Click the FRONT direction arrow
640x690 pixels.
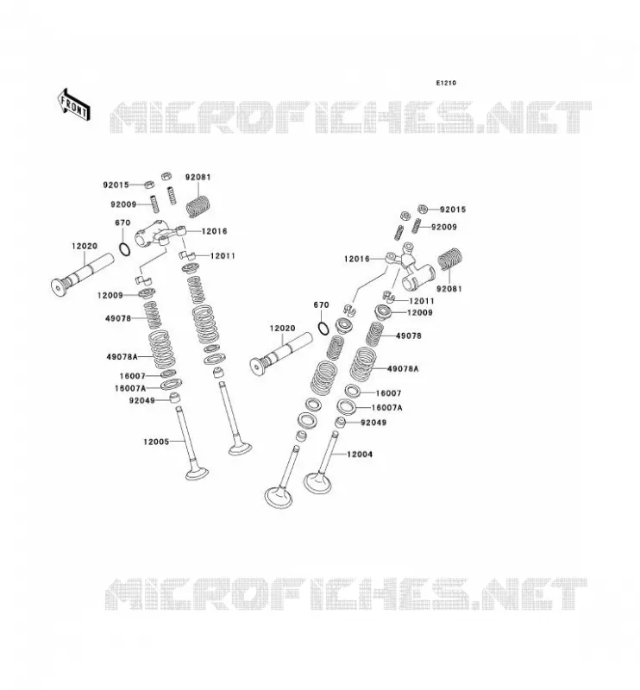point(74,104)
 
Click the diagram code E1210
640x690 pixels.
point(446,83)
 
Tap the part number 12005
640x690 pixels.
point(156,442)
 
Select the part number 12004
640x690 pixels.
point(360,455)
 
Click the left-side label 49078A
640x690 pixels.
point(122,356)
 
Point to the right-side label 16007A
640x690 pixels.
point(387,407)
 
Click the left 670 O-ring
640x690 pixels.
point(125,249)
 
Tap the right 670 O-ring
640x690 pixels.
point(323,329)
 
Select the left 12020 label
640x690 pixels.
point(85,246)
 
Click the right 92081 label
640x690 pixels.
point(449,289)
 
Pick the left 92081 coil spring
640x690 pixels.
point(197,206)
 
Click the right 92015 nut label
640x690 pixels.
point(453,210)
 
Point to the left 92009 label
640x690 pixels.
point(123,204)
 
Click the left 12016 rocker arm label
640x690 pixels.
point(215,231)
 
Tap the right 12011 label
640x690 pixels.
point(422,301)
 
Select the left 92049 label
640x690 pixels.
point(141,400)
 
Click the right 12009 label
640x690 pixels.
point(420,312)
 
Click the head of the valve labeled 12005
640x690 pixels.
point(197,474)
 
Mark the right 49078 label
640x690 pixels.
point(409,336)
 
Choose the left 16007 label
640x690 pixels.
point(133,376)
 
